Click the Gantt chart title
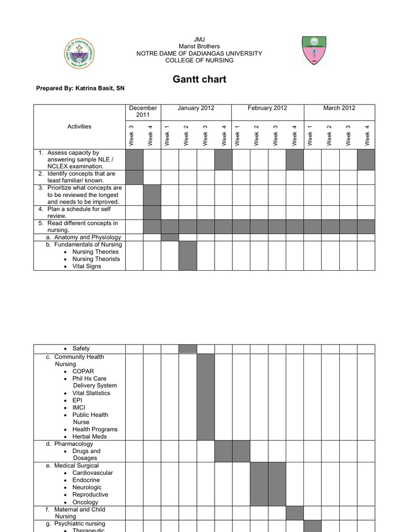click(199, 79)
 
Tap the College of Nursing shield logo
click(314, 51)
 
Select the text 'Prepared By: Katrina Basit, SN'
click(80, 88)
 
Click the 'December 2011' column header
click(143, 111)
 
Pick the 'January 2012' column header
click(196, 108)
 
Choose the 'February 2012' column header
click(267, 108)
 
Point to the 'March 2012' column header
click(339, 108)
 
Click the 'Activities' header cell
click(79, 126)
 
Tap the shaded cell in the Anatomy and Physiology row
click(170, 237)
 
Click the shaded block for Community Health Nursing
click(205, 397)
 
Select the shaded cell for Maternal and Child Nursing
click(295, 513)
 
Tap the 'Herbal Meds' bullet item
click(89, 436)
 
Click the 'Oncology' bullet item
click(85, 502)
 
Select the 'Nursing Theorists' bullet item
click(96, 259)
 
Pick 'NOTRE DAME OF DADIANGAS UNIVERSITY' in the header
click(199, 54)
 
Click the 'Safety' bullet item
click(81, 349)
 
